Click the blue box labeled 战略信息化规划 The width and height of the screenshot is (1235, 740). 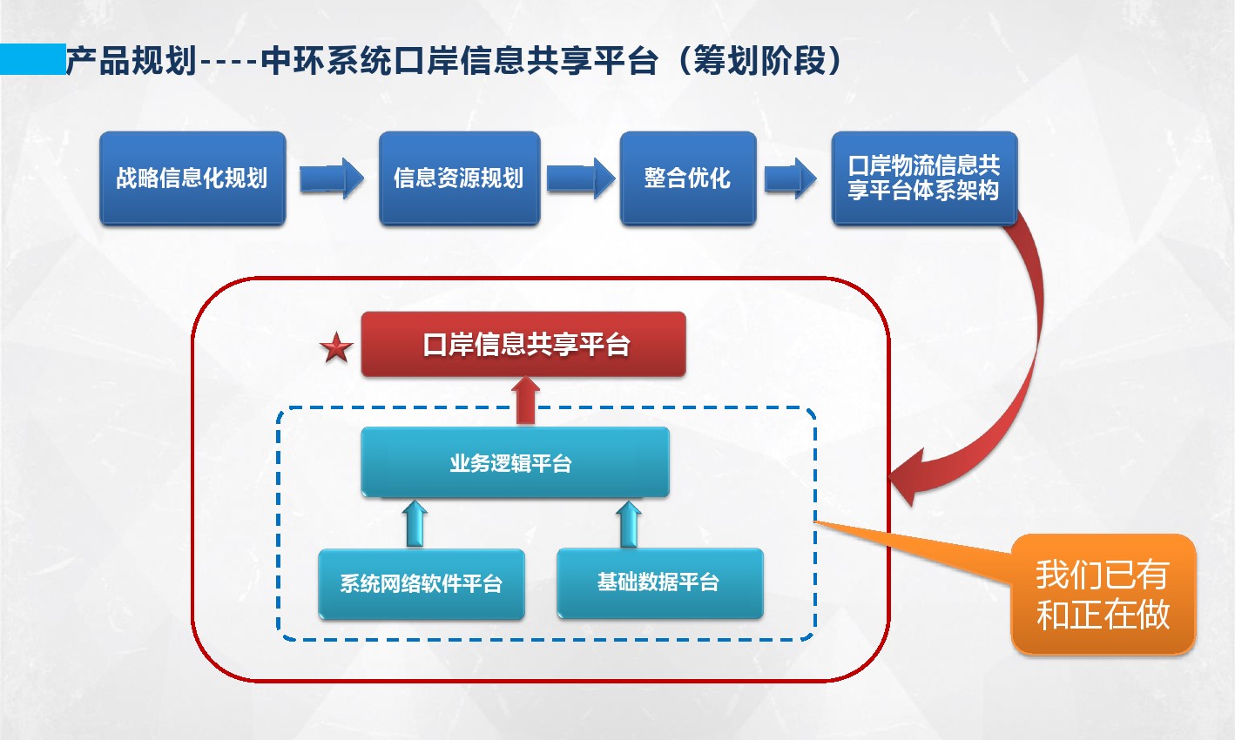192,178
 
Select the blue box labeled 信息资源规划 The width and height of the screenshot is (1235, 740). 459,178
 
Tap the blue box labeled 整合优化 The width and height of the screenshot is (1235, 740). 687,178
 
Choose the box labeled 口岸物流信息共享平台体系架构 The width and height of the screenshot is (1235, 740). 924,178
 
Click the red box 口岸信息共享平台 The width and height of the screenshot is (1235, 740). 523,345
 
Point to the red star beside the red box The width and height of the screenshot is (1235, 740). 336,347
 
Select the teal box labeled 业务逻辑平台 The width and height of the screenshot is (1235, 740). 515,461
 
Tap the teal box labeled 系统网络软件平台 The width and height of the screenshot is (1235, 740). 422,583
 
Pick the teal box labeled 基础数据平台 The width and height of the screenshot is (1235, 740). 660,582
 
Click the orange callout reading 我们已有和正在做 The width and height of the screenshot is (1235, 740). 1103,594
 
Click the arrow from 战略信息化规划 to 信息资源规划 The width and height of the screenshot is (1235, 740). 332,178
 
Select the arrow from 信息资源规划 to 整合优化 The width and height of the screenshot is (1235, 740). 581,178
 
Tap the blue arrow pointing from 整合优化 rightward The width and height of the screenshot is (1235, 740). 790,178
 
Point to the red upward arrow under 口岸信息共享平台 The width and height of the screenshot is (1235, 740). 525,400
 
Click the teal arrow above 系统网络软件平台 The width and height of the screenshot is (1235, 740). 415,524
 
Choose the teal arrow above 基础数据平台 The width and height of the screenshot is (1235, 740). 629,524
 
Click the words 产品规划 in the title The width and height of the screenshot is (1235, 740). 132,60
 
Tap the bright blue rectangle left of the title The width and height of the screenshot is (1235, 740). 33,59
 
